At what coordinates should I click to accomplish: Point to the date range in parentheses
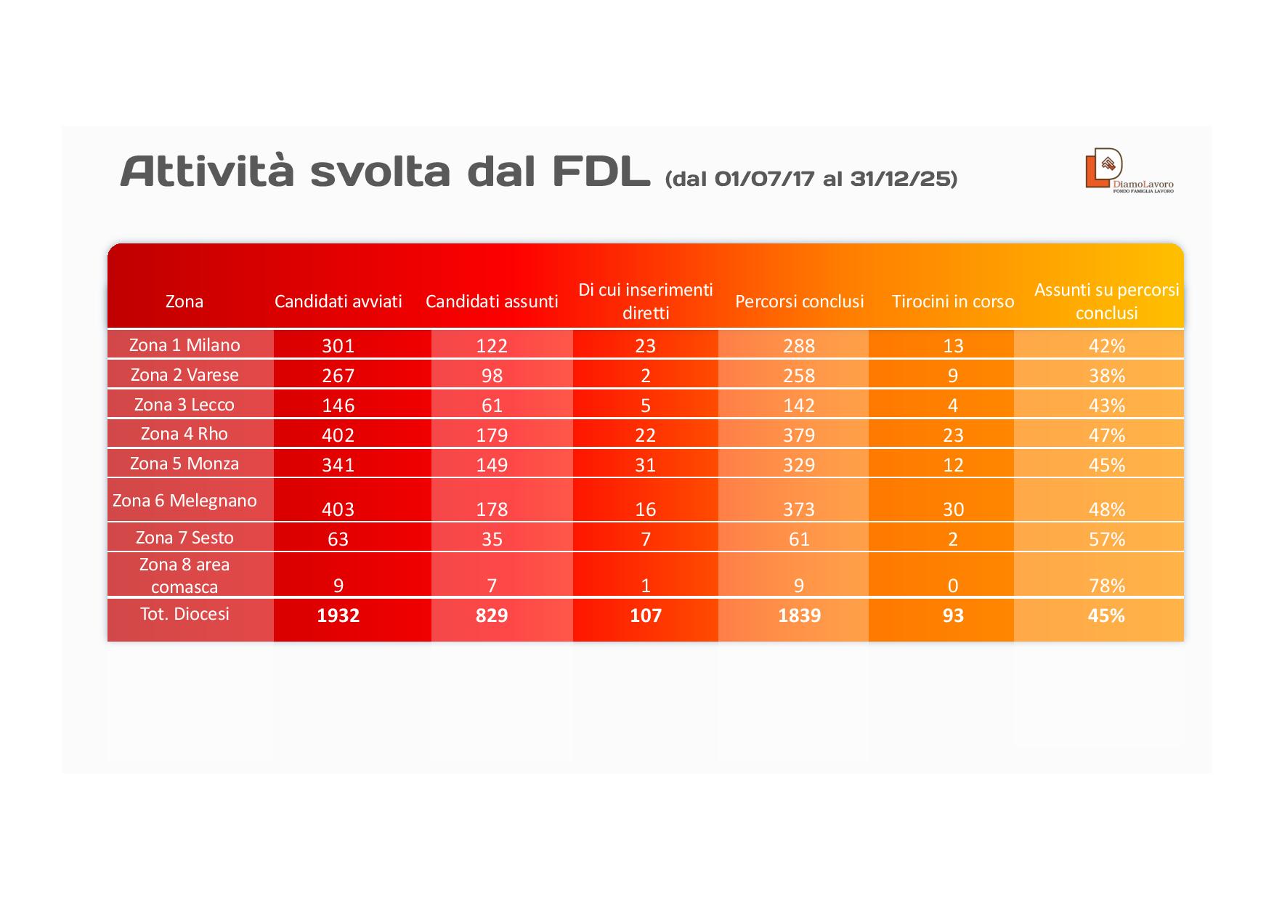(x=811, y=178)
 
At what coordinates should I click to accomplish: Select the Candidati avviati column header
(x=338, y=302)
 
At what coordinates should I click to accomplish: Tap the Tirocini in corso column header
(x=952, y=302)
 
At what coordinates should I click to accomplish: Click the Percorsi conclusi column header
(x=799, y=302)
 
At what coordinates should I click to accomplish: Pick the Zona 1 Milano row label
(x=184, y=344)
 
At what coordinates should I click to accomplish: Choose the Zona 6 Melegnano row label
(x=184, y=500)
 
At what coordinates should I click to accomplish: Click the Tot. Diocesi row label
(x=184, y=614)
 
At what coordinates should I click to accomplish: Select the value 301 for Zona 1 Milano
(x=338, y=346)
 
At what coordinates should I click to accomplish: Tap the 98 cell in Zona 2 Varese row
(x=492, y=376)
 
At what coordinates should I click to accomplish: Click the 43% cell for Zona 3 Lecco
(x=1106, y=405)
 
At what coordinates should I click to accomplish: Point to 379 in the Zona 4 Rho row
(x=799, y=435)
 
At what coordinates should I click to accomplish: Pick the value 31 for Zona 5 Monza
(x=645, y=465)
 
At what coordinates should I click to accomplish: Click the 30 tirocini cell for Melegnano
(x=952, y=509)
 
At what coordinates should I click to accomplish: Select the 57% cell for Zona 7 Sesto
(x=1106, y=539)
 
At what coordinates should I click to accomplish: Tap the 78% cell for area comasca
(x=1106, y=586)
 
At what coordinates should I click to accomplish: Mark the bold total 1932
(x=338, y=615)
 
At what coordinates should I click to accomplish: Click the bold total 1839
(x=799, y=615)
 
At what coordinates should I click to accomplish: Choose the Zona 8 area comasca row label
(x=184, y=575)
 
